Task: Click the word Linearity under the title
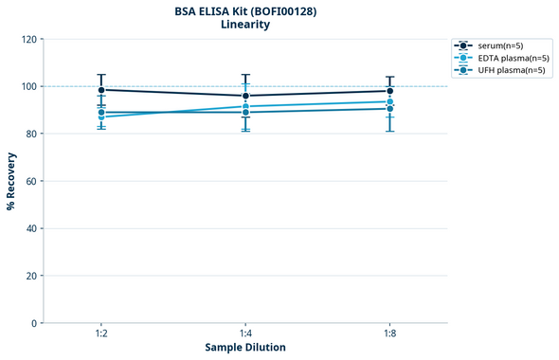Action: tap(244, 25)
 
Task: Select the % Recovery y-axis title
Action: tap(11, 180)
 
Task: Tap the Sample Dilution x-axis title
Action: tap(245, 347)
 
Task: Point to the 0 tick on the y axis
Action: tap(34, 323)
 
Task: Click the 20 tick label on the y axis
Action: tap(31, 276)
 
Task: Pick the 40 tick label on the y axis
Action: tap(31, 228)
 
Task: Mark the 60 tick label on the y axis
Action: tap(31, 181)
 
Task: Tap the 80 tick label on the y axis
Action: tap(31, 134)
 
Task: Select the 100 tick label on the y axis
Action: tap(28, 86)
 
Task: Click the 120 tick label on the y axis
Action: tap(28, 39)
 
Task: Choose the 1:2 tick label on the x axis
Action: tap(101, 333)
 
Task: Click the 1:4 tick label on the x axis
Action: tap(245, 333)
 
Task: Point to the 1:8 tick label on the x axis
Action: tap(389, 333)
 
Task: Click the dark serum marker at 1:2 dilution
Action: tap(101, 90)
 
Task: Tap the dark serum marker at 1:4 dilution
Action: tap(245, 96)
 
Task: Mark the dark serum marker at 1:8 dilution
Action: tap(389, 91)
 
